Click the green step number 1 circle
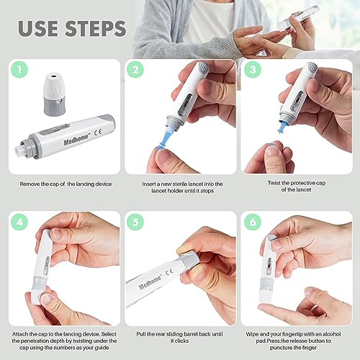click(x=19, y=69)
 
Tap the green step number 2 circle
click(x=135, y=69)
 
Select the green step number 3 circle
click(x=253, y=69)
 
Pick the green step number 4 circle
click(x=19, y=222)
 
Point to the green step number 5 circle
click(x=135, y=222)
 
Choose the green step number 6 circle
click(x=253, y=222)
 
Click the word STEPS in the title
click(x=96, y=29)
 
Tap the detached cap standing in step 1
click(x=55, y=94)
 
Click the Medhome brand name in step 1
click(x=76, y=140)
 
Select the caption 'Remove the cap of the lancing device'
click(x=66, y=184)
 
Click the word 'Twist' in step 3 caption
click(x=274, y=183)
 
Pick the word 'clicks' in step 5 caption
click(x=182, y=341)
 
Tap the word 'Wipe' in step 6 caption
click(x=252, y=334)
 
